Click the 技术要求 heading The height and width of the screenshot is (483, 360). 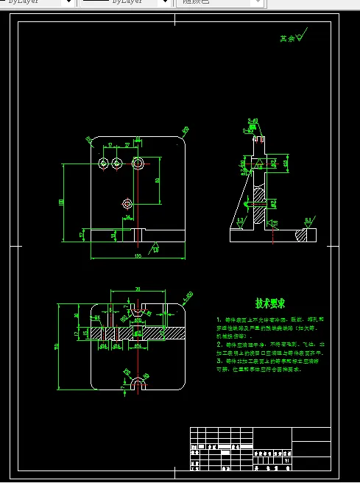[x=270, y=303]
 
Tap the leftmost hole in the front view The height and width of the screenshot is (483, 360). [x=104, y=162]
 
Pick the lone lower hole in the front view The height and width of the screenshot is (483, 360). [x=127, y=202]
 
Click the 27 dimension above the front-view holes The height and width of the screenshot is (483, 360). [x=127, y=146]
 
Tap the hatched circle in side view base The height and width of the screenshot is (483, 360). [x=302, y=236]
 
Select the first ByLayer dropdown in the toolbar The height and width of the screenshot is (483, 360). [x=37, y=3]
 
